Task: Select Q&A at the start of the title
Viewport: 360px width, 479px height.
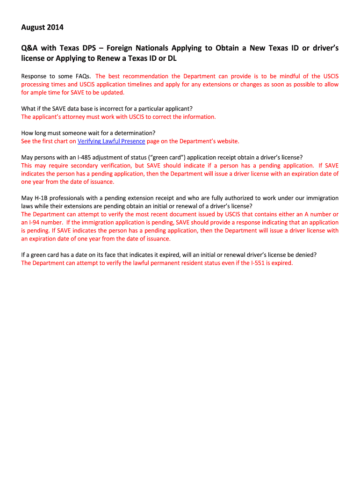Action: (x=30, y=48)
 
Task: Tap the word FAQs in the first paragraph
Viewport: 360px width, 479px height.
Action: (x=83, y=76)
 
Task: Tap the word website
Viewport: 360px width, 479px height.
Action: (x=225, y=141)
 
